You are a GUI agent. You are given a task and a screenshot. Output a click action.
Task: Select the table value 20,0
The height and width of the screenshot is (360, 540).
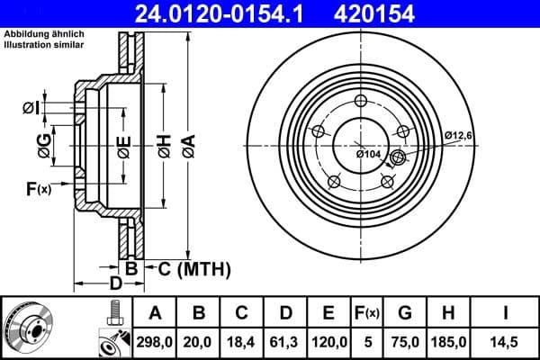pos(199,341)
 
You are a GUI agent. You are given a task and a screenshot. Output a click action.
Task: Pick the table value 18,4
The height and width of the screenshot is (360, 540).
pos(241,341)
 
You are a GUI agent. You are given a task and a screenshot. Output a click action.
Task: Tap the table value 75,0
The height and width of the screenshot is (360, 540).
pos(405,341)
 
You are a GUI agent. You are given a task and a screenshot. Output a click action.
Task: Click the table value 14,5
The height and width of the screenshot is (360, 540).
pos(504,341)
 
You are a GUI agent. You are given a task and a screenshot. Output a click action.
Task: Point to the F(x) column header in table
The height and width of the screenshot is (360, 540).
pos(367,313)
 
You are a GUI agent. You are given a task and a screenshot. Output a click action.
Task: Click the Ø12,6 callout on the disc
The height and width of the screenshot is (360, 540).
pos(459,135)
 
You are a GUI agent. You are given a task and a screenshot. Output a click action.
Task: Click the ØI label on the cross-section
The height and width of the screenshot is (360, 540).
pos(31,108)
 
